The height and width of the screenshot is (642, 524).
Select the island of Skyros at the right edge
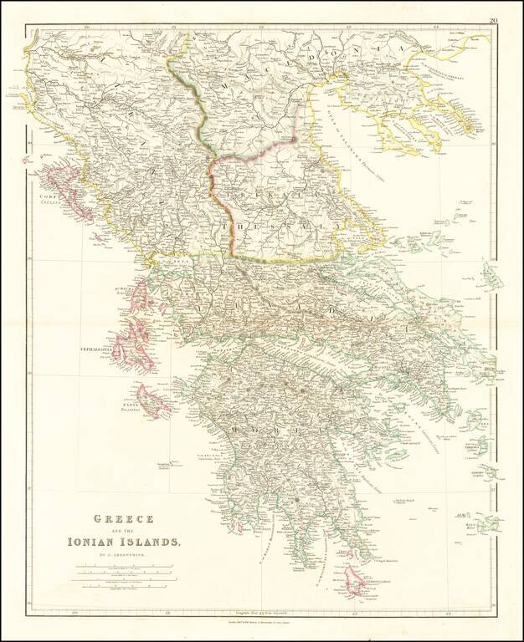coord(491,276)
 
